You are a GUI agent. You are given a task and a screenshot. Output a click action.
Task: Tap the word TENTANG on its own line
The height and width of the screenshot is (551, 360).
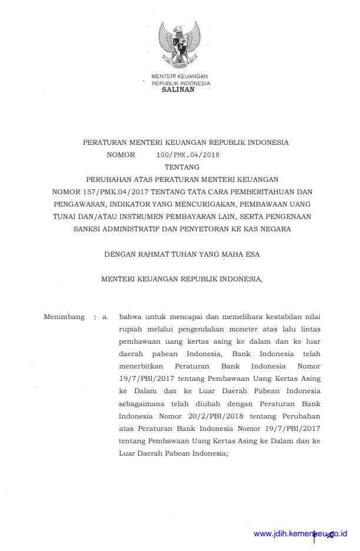[x=182, y=167]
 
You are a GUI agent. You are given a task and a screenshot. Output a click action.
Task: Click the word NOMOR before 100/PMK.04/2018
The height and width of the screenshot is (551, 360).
[x=121, y=155]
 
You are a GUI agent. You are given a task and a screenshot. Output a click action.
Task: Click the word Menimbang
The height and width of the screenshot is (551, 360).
[x=65, y=317]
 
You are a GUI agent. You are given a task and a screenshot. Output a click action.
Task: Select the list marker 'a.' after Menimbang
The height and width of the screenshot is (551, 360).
[x=105, y=317]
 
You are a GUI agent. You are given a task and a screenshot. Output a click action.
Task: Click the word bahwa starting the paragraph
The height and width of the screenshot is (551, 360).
[x=130, y=317]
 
